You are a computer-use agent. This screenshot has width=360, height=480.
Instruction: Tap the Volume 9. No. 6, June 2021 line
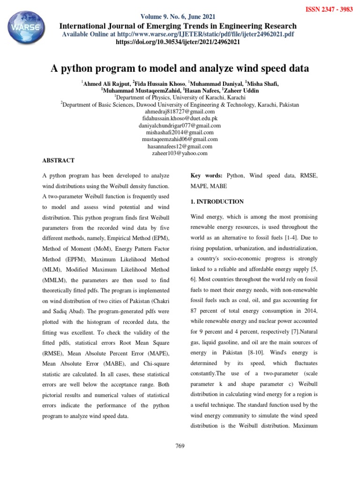(180, 16)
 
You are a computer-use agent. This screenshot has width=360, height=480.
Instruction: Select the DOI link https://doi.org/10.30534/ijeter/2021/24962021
(180, 42)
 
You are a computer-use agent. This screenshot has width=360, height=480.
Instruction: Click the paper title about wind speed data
(180, 68)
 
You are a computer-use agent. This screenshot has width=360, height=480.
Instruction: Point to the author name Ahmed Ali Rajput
(105, 83)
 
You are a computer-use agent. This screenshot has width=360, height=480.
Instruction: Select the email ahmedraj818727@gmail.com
(180, 112)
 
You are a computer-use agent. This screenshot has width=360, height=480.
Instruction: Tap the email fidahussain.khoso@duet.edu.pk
(180, 119)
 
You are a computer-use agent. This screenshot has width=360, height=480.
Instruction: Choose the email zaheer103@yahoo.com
(180, 153)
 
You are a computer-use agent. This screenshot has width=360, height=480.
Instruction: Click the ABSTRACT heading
(59, 160)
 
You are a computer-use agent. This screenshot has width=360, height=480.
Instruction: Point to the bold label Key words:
(206, 175)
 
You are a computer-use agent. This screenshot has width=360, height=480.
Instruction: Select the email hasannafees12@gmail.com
(180, 146)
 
